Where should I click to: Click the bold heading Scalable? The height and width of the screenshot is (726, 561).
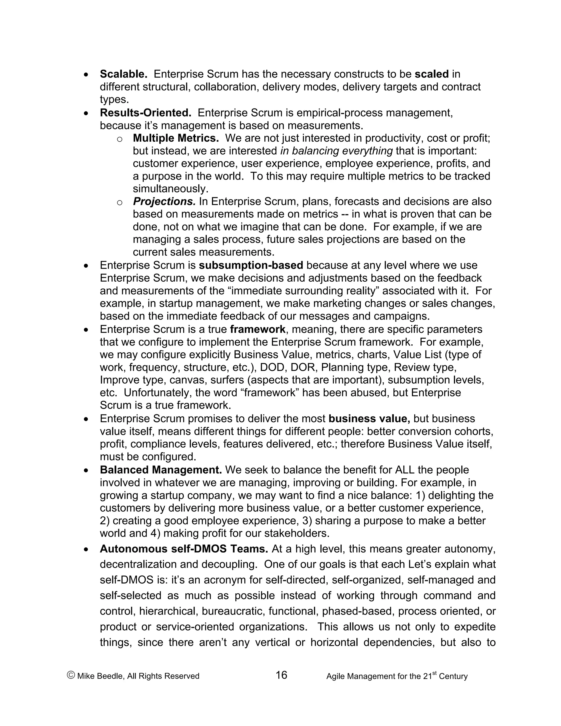click(124, 74)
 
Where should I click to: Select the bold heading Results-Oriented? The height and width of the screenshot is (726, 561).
click(145, 113)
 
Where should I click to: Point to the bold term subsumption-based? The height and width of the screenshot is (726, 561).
click(251, 265)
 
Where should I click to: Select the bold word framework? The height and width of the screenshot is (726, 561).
click(257, 329)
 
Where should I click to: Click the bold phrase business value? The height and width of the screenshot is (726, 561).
click(369, 419)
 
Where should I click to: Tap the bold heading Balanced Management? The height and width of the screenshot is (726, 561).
click(161, 470)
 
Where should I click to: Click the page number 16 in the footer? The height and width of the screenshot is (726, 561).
click(281, 675)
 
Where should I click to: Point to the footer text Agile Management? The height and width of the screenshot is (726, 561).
click(357, 676)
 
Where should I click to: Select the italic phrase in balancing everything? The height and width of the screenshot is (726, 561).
click(336, 151)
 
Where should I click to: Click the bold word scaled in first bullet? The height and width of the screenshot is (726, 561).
click(431, 74)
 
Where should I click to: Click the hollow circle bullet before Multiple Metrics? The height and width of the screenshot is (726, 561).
click(120, 139)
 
